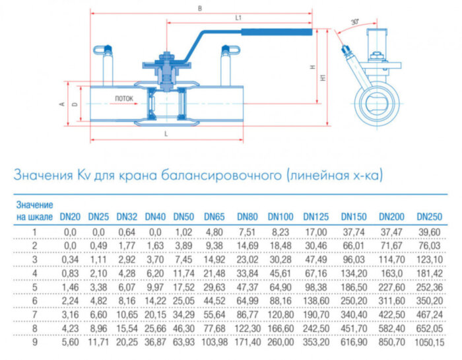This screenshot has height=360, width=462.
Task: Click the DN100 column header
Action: (x=280, y=216)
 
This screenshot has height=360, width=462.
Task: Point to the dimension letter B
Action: (x=200, y=9)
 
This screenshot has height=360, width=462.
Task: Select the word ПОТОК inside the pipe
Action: (x=123, y=98)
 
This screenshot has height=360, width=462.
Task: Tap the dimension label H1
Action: (x=323, y=77)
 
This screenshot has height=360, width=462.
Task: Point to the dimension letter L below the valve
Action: (x=166, y=133)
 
